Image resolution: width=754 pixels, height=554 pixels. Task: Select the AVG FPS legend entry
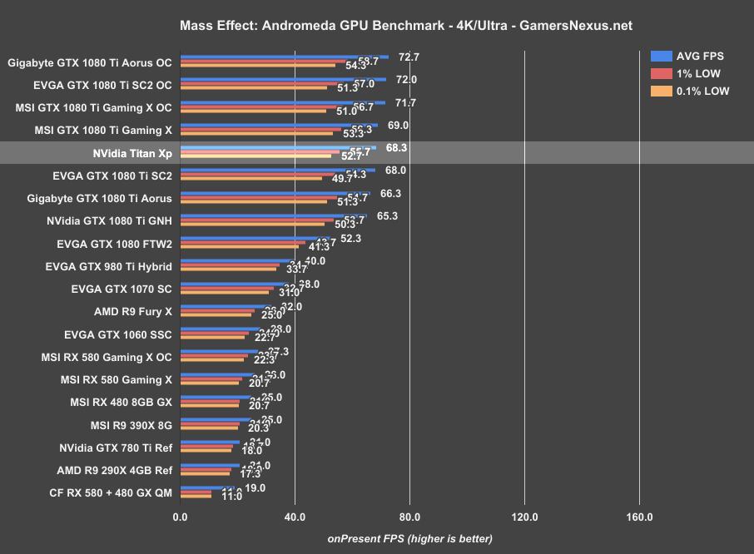(687, 57)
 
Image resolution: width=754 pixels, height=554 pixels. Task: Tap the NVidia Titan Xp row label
(132, 154)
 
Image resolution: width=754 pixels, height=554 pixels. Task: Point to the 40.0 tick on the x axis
(295, 517)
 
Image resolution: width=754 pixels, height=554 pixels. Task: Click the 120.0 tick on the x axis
(524, 517)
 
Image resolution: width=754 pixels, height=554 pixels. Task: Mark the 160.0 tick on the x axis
(639, 517)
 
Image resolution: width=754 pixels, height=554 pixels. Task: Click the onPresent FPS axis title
(409, 538)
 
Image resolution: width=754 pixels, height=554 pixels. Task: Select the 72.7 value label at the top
(409, 57)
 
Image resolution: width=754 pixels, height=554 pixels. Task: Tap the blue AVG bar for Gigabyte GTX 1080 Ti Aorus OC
(283, 57)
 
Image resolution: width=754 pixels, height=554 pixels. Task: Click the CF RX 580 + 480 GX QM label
(112, 492)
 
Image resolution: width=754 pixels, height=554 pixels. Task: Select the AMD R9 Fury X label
(133, 313)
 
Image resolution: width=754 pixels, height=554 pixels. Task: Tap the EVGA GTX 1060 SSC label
(118, 335)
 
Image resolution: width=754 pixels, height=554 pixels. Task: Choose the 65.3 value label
(388, 215)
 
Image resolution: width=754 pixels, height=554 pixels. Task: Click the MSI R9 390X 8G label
(126, 425)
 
